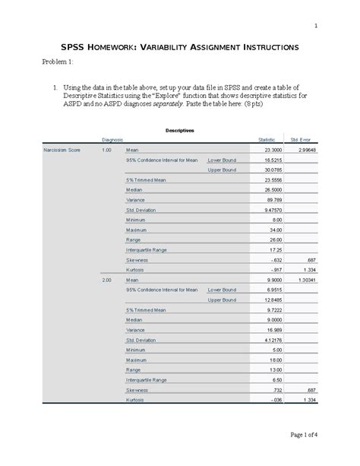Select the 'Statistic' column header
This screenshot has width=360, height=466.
(267, 141)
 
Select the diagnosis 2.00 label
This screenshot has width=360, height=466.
(106, 281)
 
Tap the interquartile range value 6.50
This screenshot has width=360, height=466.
(277, 379)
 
